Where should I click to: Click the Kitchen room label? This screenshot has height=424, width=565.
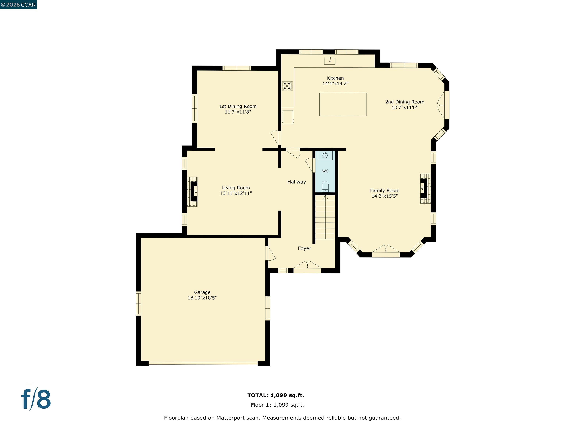(335, 78)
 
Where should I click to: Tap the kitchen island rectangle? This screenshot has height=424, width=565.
(343, 104)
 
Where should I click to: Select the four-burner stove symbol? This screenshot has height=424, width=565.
(287, 86)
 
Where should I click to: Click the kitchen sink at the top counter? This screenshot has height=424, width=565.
(330, 61)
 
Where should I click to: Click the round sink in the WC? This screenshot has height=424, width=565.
(325, 155)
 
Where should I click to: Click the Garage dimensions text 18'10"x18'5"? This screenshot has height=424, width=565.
(202, 298)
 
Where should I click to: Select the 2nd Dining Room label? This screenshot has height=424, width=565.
(405, 102)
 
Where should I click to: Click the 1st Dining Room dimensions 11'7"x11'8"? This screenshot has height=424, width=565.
(238, 112)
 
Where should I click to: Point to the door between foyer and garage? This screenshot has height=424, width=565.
(269, 253)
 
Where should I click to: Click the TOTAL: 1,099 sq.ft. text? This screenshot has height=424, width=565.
(276, 395)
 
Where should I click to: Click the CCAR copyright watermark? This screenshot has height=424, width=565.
(18, 5)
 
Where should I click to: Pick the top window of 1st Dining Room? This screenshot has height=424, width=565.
(237, 68)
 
